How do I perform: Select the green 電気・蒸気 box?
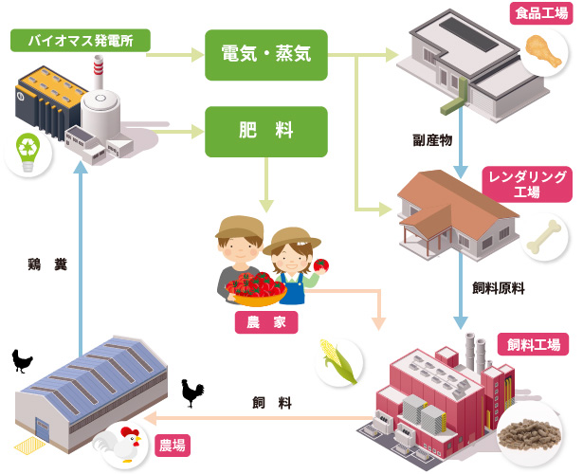click(266, 55)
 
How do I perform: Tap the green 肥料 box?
click(266, 131)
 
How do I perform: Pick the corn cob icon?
click(338, 361)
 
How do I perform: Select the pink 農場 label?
click(172, 445)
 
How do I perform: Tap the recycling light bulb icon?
click(27, 153)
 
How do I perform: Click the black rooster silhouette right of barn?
click(192, 392)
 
